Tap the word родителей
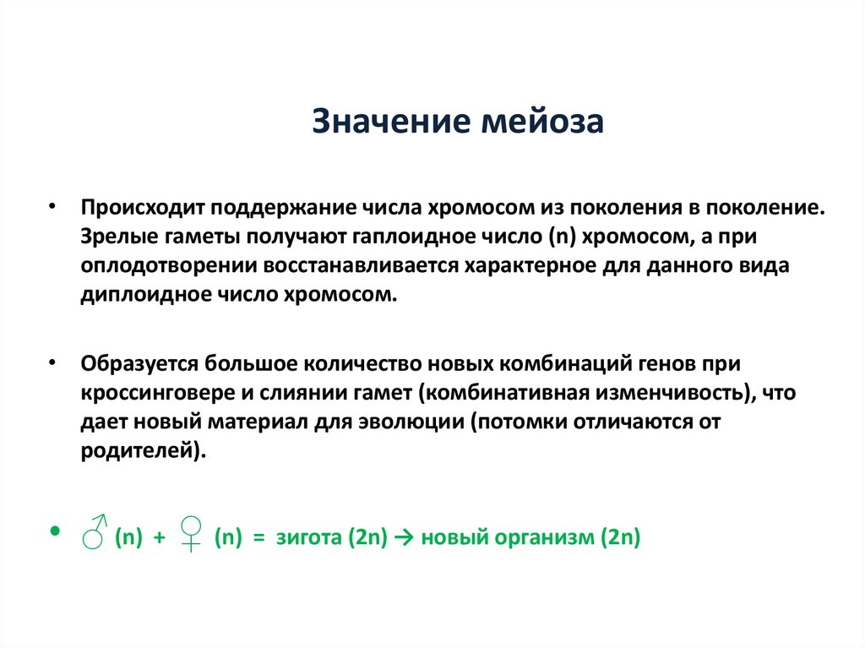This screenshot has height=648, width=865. [x=141, y=451]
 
